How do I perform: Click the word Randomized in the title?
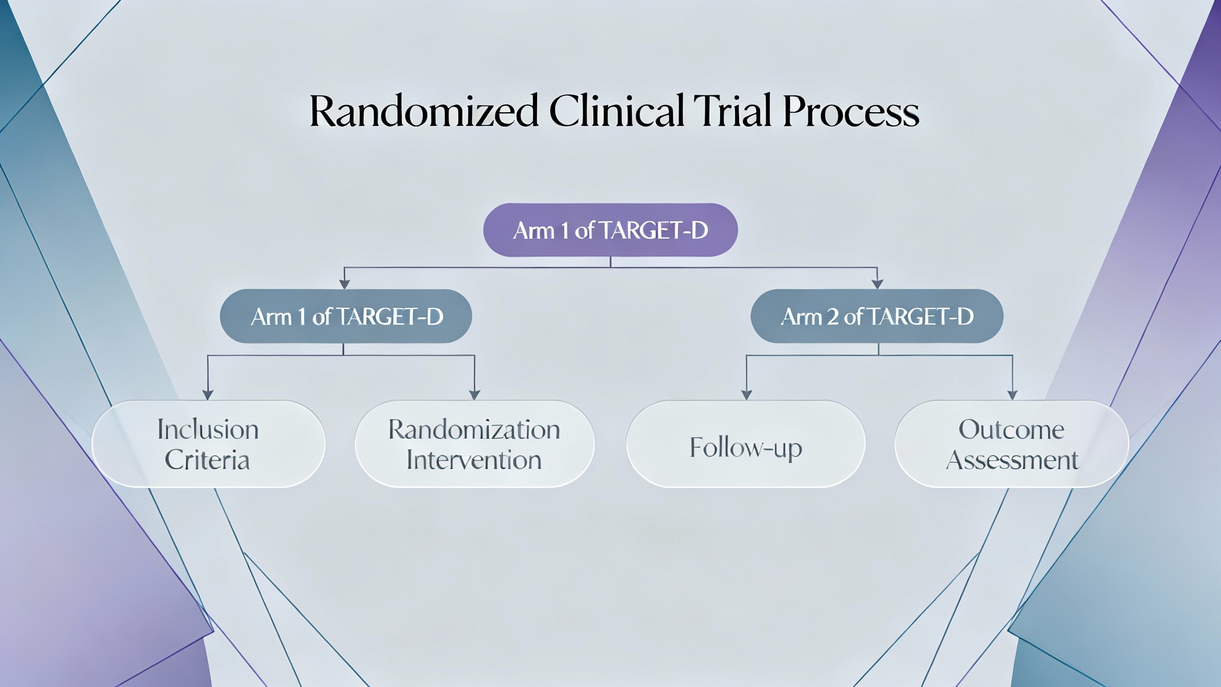pos(423,112)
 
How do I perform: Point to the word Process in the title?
pos(851,112)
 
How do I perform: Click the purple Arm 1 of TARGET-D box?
pos(610,230)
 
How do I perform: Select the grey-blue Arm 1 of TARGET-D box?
pos(346,316)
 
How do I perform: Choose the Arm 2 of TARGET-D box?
pos(876,316)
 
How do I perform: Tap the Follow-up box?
pos(745,444)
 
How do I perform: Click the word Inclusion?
pos(207,429)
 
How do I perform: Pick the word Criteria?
pos(207,460)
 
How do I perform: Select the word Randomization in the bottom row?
pos(474,429)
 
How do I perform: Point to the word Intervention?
pos(474,460)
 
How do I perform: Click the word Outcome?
pos(1011,429)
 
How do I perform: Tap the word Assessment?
pos(1012,460)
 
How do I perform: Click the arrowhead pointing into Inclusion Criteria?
pos(207,395)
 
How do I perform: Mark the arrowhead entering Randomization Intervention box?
pos(475,395)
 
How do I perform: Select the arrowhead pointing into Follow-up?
pos(746,395)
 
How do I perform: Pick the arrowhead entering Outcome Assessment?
pos(1012,395)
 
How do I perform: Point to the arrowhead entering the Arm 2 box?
pos(877,284)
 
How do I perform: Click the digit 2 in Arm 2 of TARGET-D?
pos(833,317)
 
